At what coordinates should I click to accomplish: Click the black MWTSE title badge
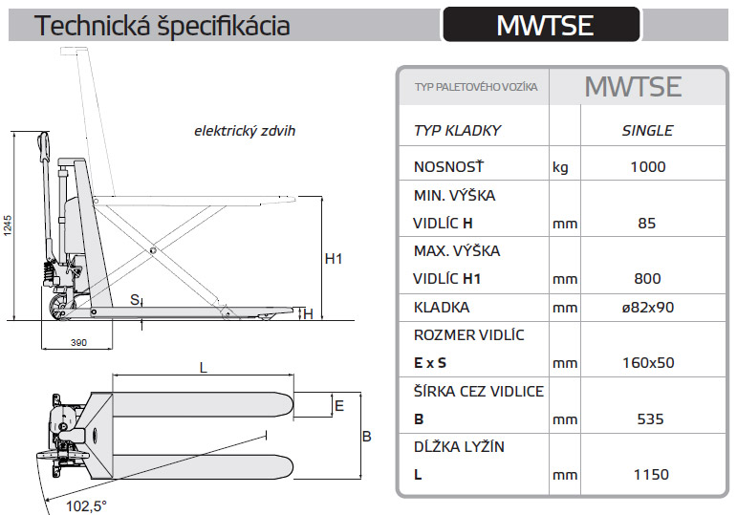click(x=540, y=24)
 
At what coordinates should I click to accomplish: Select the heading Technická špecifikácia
click(x=163, y=26)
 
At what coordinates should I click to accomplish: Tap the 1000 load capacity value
click(x=647, y=167)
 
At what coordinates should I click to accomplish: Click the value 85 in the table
click(x=647, y=224)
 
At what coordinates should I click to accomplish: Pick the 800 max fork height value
click(x=647, y=279)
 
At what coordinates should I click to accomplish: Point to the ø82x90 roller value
click(x=647, y=308)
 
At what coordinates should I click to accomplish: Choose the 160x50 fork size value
click(x=647, y=363)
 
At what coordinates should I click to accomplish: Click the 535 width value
click(x=647, y=418)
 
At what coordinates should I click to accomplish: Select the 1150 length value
click(x=647, y=474)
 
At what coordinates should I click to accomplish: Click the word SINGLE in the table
click(x=647, y=131)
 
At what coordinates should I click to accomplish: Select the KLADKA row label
click(x=442, y=308)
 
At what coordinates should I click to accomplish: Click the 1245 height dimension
click(x=8, y=227)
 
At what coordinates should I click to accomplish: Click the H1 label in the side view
click(x=333, y=258)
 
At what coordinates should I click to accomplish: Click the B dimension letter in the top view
click(x=366, y=437)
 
